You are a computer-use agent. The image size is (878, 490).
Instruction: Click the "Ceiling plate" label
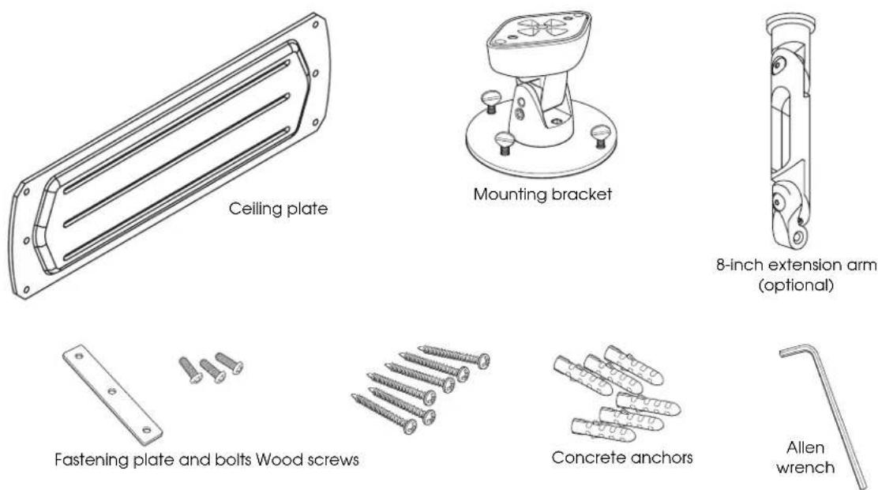coord(278,209)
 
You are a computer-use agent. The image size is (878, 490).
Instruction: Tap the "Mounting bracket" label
coord(542,194)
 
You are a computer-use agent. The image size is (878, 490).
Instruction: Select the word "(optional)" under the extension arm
coord(796,285)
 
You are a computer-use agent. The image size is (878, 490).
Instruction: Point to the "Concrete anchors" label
coord(622,458)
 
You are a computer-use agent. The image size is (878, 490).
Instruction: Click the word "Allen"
coord(805,447)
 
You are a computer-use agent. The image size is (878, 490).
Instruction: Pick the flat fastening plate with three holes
coord(113,394)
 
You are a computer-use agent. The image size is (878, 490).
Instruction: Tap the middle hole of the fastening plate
coord(112,391)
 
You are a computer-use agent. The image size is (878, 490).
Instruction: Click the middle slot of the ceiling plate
coord(176,160)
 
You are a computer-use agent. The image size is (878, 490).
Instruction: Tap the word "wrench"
coord(805,467)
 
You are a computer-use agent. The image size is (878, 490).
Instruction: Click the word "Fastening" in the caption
coord(92,460)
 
